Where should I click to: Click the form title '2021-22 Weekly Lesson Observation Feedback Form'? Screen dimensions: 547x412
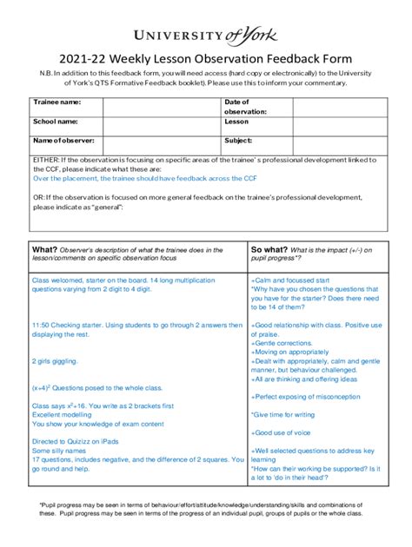(x=206, y=58)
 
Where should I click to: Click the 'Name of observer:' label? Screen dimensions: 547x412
(x=63, y=140)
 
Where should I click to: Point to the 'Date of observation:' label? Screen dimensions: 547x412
(x=245, y=107)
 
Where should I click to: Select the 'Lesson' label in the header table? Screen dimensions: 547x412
(x=236, y=122)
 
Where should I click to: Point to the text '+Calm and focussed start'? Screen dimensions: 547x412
(x=290, y=281)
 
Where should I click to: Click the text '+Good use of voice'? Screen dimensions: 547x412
(x=281, y=432)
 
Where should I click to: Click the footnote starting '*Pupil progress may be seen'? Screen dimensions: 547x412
(x=206, y=508)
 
